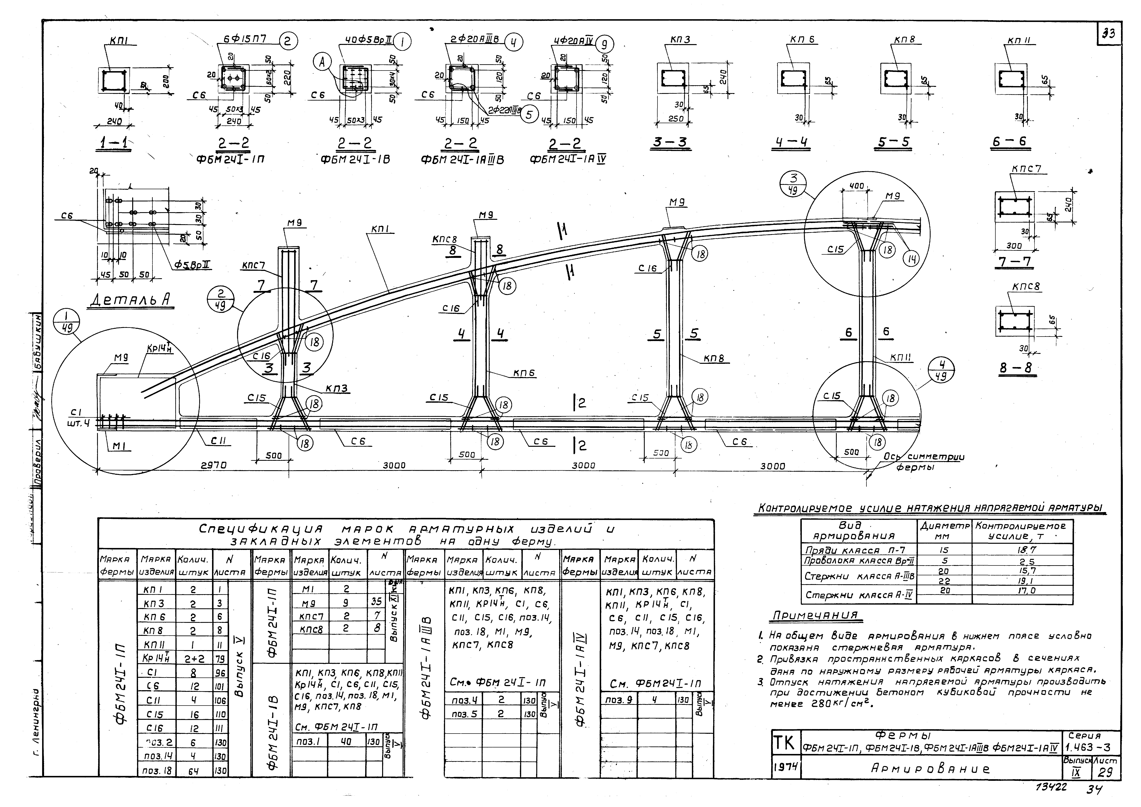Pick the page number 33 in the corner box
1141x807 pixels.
tap(1109, 34)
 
